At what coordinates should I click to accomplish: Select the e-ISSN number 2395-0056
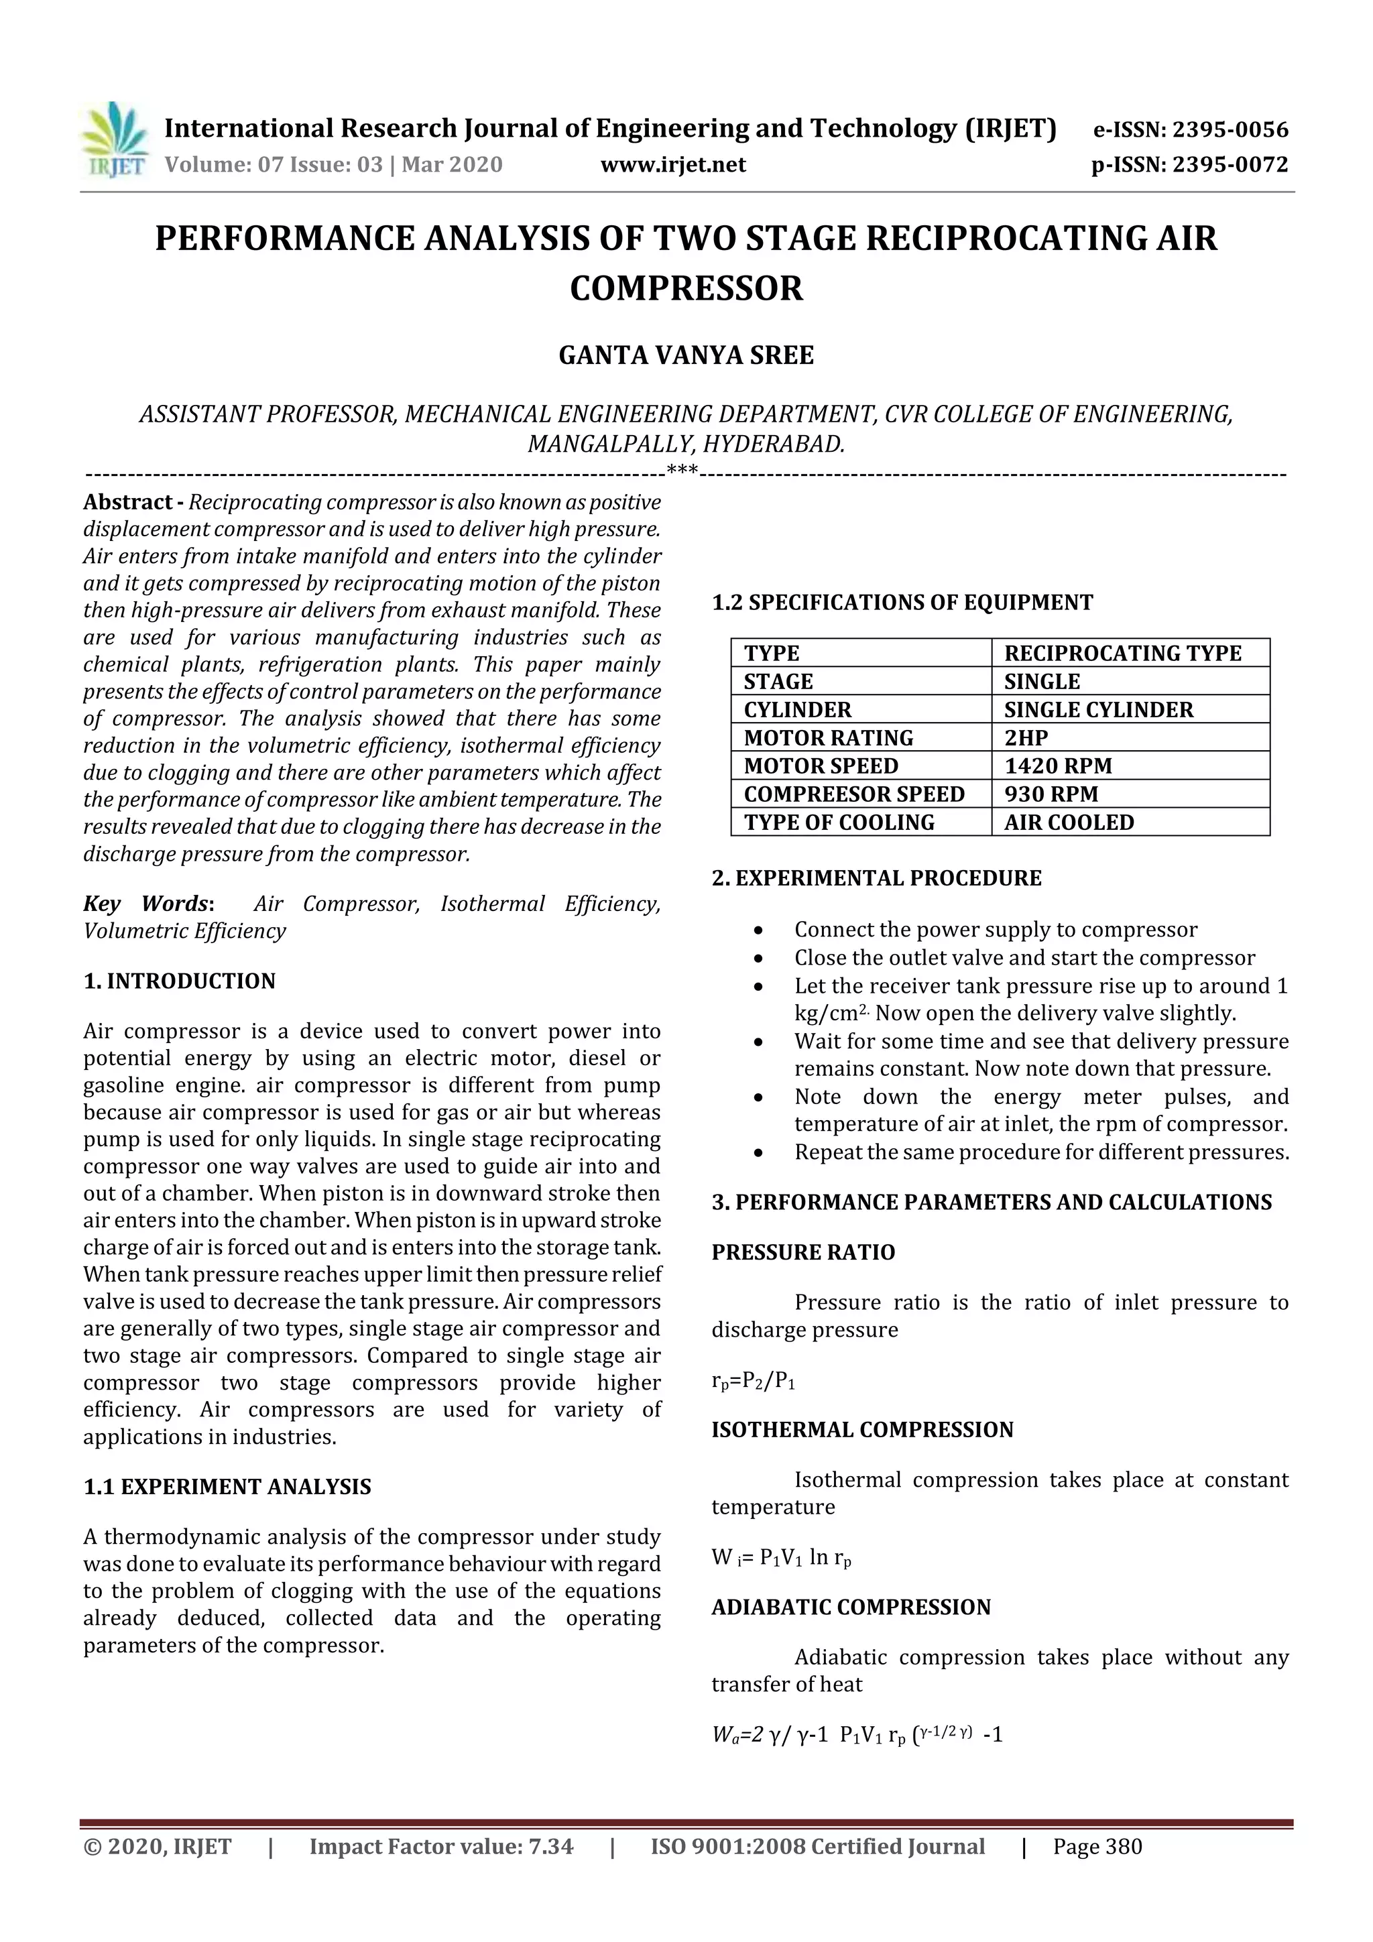1230,130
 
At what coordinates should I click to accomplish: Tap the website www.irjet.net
673,165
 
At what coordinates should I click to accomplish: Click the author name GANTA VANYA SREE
686,355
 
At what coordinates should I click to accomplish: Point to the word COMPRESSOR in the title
686,288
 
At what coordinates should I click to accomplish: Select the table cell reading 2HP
1026,737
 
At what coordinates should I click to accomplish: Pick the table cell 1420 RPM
1057,766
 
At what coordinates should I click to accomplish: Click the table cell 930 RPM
1051,794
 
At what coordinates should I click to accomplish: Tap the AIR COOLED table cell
1069,822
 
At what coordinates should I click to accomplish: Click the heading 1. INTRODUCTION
180,981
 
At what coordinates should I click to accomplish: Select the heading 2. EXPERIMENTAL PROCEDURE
876,878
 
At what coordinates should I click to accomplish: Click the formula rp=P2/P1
753,1381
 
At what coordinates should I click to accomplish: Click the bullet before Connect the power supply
759,930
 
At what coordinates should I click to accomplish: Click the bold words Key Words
145,904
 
